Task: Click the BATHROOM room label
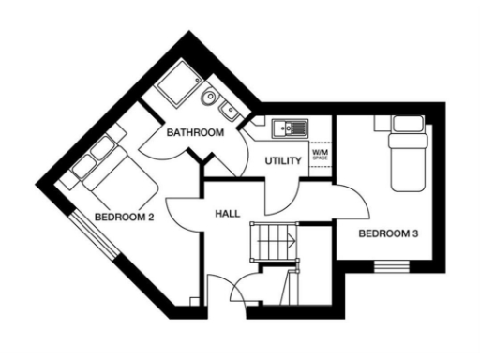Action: point(195,134)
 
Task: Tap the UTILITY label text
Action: point(282,161)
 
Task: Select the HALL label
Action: point(227,215)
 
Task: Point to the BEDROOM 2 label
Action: point(124,218)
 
